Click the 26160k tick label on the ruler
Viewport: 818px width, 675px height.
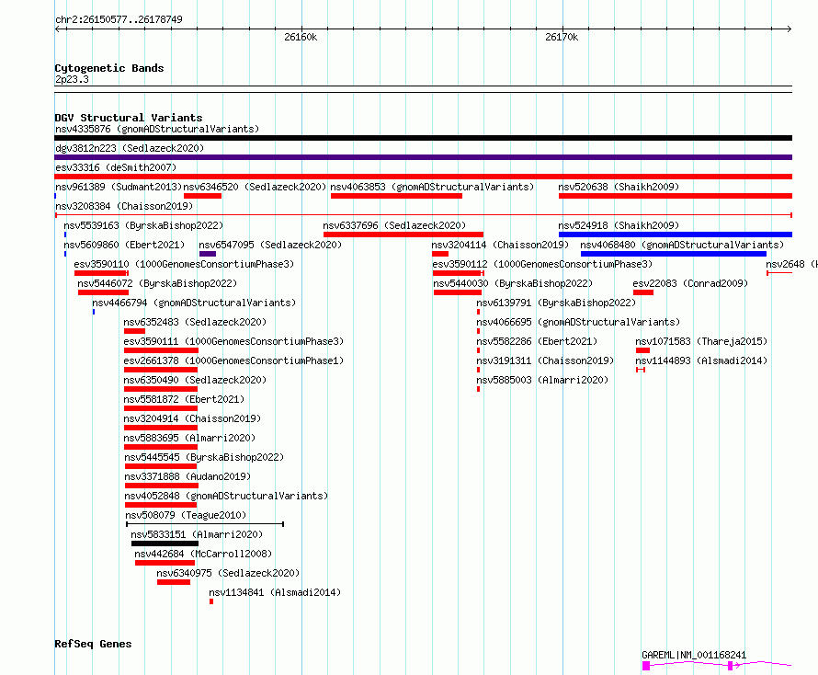[x=301, y=37]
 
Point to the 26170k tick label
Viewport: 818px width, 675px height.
[x=562, y=37]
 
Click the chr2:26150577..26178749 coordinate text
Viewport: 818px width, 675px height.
[x=119, y=20]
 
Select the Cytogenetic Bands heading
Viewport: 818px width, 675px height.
[x=109, y=68]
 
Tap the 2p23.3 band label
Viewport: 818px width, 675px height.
[x=72, y=79]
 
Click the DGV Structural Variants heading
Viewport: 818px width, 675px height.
[x=129, y=118]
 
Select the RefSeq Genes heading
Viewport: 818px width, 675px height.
[x=93, y=644]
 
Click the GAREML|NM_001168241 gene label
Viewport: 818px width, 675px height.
[x=694, y=655]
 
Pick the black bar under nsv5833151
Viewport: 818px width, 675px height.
[x=165, y=543]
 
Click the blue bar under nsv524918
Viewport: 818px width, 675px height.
[x=675, y=235]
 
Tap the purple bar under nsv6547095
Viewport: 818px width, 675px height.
[x=208, y=254]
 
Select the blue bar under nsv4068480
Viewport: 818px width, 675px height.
[x=674, y=254]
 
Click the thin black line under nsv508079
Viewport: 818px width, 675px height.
[x=205, y=523]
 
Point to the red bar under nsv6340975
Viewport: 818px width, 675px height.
[x=174, y=582]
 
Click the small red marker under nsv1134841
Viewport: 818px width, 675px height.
[x=211, y=601]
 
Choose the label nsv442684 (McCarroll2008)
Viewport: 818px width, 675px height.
[x=203, y=554]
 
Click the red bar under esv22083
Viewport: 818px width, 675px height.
[x=643, y=292]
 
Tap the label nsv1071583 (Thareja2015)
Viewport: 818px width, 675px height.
[x=701, y=341]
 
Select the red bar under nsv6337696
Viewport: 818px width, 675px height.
[x=403, y=235]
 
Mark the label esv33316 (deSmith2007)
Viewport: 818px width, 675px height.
[x=116, y=167]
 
